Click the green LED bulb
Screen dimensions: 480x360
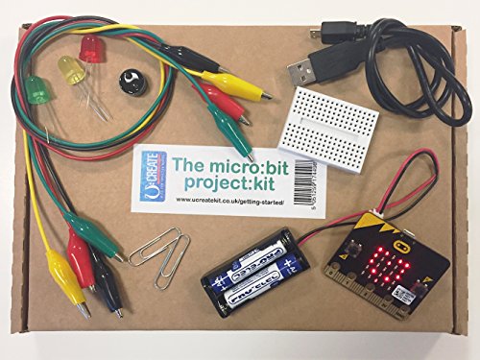36,90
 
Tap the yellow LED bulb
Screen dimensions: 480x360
70,68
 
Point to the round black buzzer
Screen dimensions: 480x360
128,80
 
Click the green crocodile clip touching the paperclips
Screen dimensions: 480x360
97,235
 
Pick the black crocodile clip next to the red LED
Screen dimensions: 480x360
178,54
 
